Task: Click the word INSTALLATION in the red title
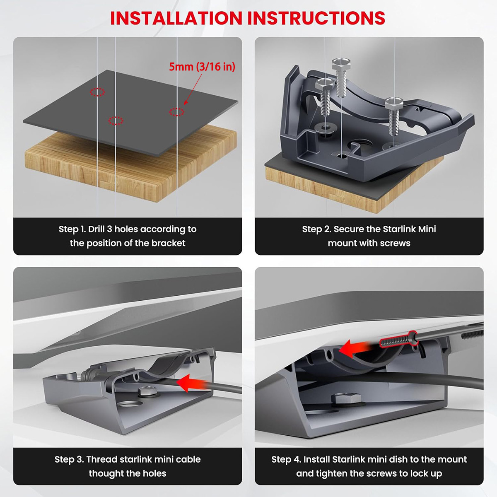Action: pyautogui.click(x=176, y=18)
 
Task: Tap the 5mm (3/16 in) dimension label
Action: pyautogui.click(x=202, y=67)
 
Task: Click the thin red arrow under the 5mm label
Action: pyautogui.click(x=193, y=89)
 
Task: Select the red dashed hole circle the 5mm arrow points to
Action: pyautogui.click(x=177, y=112)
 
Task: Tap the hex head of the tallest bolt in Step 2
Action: pyautogui.click(x=341, y=64)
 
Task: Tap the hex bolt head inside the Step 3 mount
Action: pyautogui.click(x=147, y=391)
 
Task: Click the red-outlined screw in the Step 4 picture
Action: pyautogui.click(x=398, y=340)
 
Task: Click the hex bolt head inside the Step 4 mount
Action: pyautogui.click(x=346, y=399)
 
